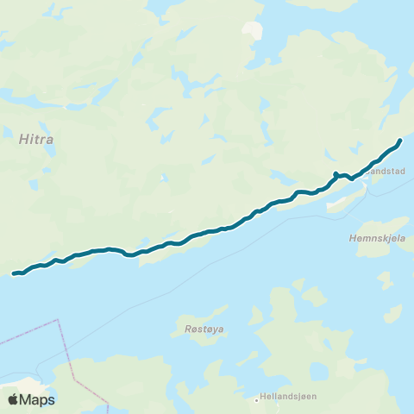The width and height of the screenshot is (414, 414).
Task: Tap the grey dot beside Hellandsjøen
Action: [257, 399]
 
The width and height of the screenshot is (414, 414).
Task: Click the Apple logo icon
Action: [14, 399]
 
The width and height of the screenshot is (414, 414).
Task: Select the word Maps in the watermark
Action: [38, 399]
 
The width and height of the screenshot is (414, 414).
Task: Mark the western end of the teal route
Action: [15, 274]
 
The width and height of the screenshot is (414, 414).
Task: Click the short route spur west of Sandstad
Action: [336, 174]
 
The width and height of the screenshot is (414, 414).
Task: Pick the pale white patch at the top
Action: [252, 29]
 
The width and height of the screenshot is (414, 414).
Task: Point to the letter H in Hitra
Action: [22, 135]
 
